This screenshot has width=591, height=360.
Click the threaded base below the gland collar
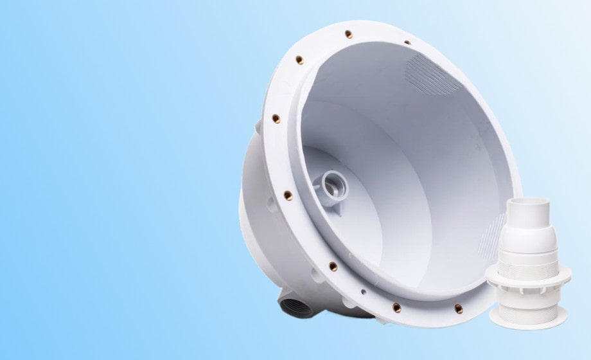click(x=528, y=309)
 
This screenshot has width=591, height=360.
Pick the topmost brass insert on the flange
click(x=348, y=34)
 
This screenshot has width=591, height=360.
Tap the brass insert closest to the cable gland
click(x=459, y=309)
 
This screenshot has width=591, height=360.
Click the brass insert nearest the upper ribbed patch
click(x=407, y=43)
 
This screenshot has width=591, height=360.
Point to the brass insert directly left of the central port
click(x=288, y=195)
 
